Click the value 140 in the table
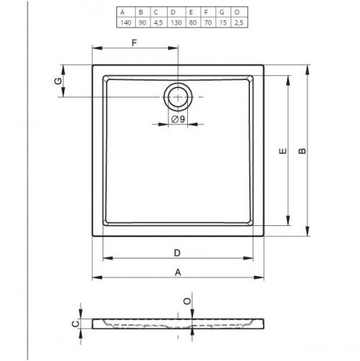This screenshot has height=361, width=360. [x=126, y=22]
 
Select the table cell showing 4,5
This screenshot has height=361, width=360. [x=158, y=22]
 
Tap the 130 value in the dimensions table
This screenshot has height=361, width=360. [x=176, y=22]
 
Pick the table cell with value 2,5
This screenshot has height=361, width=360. [x=239, y=22]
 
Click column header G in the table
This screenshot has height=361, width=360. [x=222, y=12]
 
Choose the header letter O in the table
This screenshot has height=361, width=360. [x=237, y=12]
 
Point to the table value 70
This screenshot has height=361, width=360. [x=208, y=22]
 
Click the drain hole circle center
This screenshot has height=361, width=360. [x=178, y=97]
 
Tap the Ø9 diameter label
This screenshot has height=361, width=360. [x=178, y=119]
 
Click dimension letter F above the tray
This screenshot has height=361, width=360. [x=134, y=43]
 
